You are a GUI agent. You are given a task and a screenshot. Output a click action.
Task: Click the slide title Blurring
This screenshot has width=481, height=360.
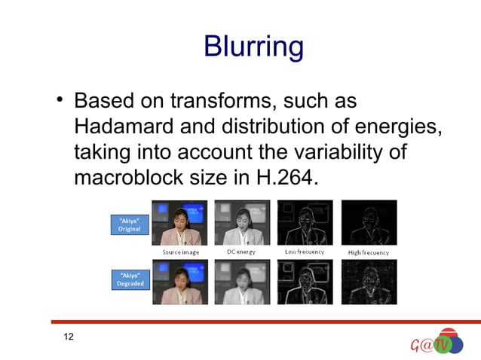coord(253,47)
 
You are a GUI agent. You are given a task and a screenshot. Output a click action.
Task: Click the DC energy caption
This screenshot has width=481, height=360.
coord(241,252)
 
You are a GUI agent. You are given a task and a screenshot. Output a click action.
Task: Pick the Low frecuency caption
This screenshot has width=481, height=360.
coord(304,252)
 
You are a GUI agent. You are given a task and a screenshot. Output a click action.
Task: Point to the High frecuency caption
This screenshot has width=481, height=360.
coord(369,252)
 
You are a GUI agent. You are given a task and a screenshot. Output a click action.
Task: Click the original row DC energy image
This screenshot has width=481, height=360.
coord(242,222)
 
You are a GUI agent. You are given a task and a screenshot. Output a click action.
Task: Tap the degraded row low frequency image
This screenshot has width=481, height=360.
coord(305,281)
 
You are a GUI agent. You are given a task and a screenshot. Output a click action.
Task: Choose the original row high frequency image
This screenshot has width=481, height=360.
coord(369,222)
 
